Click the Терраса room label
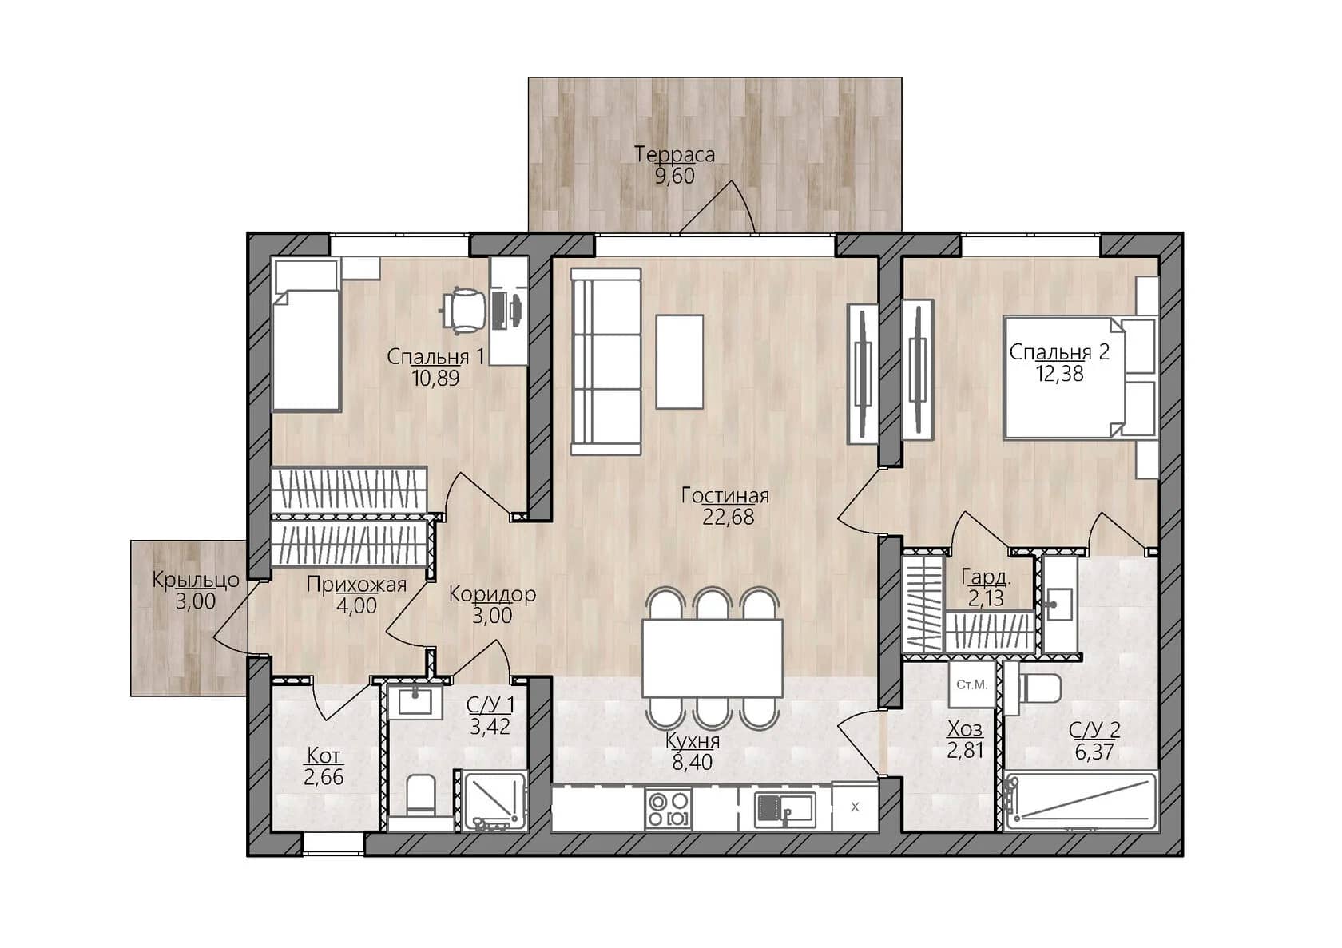pyautogui.click(x=674, y=154)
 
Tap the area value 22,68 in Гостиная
pyautogui.click(x=728, y=517)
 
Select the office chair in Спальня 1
pyautogui.click(x=463, y=310)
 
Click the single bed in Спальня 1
pyautogui.click(x=306, y=335)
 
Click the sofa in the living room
pyautogui.click(x=605, y=362)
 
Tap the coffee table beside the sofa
pyautogui.click(x=679, y=362)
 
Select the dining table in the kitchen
pyautogui.click(x=712, y=658)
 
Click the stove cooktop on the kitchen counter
pyautogui.click(x=669, y=808)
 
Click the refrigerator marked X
pyautogui.click(x=855, y=807)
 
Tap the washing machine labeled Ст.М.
pyautogui.click(x=971, y=684)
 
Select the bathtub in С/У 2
pyautogui.click(x=1081, y=803)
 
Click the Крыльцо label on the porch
pyautogui.click(x=195, y=581)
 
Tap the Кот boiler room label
pyautogui.click(x=324, y=756)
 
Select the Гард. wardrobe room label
pyautogui.click(x=986, y=577)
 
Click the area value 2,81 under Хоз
pyautogui.click(x=965, y=750)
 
